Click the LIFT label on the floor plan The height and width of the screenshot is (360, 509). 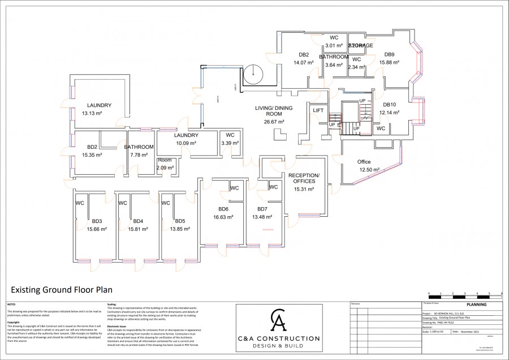(x=318, y=110)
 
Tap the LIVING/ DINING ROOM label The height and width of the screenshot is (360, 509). (x=270, y=111)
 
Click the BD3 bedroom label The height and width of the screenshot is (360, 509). (x=97, y=221)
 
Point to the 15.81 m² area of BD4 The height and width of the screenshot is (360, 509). (x=138, y=229)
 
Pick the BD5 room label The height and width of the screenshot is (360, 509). (x=180, y=221)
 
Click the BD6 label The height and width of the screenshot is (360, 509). (x=223, y=208)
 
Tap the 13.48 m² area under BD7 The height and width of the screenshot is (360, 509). (x=262, y=217)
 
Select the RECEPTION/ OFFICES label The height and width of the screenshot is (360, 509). (x=304, y=178)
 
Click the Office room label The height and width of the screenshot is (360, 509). (x=364, y=162)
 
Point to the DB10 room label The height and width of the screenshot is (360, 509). (x=390, y=105)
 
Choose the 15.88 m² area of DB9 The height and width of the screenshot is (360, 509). (x=389, y=63)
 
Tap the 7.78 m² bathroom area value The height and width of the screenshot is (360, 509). (x=139, y=155)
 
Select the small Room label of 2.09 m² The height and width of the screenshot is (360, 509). (x=165, y=160)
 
